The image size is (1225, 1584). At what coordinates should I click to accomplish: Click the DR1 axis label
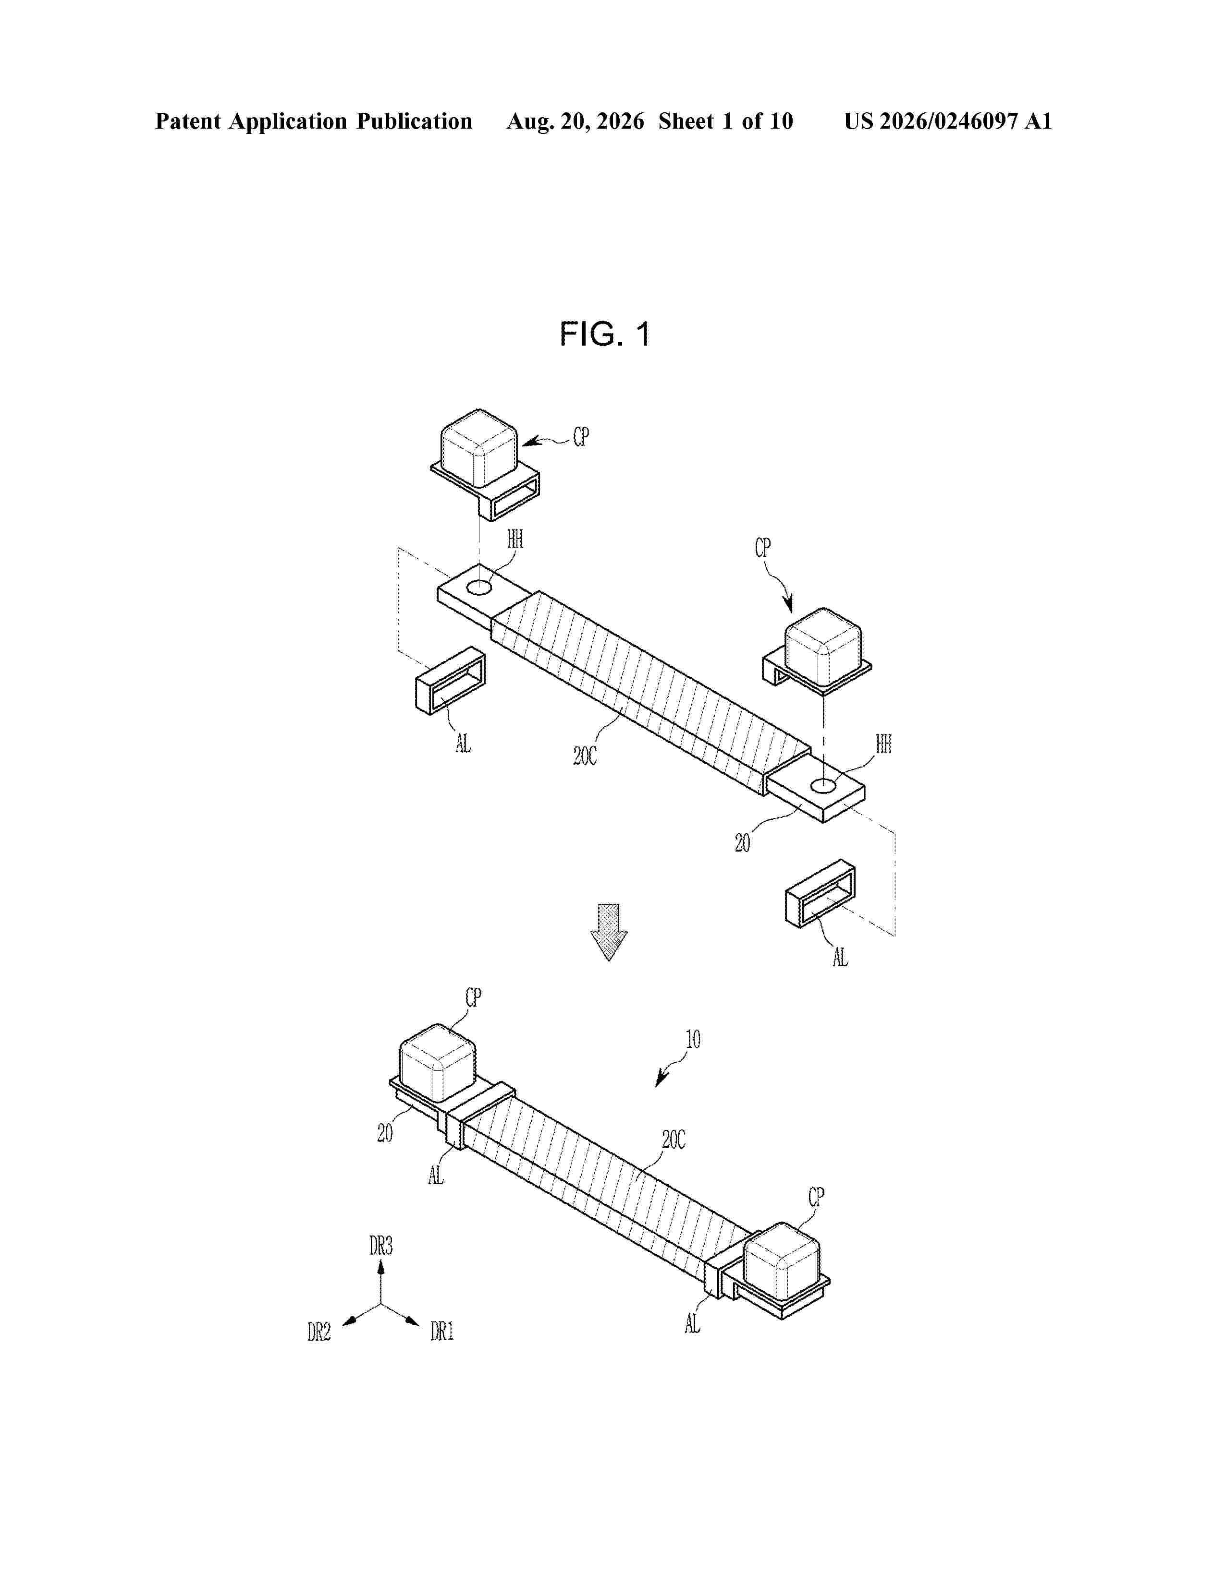tap(442, 1331)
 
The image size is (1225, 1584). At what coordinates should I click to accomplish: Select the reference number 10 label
tap(693, 1039)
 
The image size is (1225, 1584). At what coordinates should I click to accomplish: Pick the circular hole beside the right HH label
tap(823, 785)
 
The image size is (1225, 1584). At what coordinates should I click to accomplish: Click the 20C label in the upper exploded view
tap(585, 756)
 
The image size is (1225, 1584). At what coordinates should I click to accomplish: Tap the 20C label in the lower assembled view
tap(674, 1140)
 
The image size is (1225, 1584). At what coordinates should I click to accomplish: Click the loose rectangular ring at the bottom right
tap(820, 893)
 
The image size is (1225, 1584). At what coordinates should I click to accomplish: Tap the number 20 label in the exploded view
tap(742, 843)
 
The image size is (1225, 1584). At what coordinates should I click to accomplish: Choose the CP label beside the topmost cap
tap(581, 437)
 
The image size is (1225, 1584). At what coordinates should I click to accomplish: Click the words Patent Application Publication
tap(314, 121)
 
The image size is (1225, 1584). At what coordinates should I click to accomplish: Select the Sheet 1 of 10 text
tap(726, 121)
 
